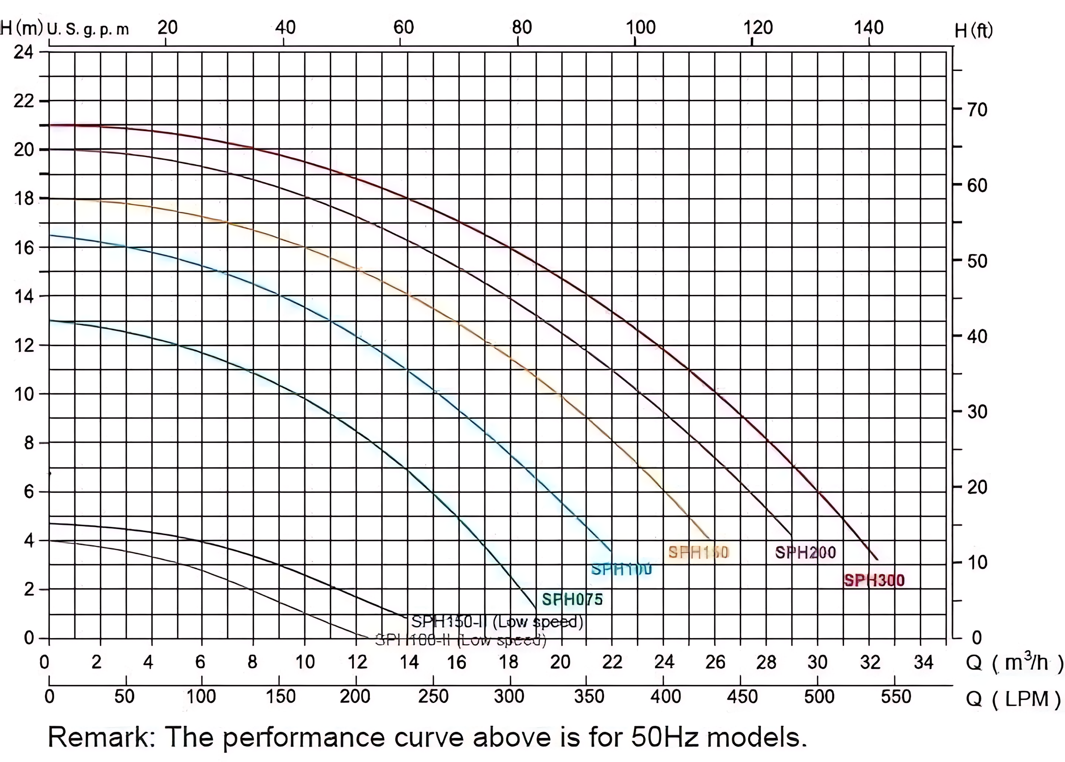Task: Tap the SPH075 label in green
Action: point(572,599)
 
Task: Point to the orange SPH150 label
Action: point(698,552)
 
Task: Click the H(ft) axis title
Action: point(973,31)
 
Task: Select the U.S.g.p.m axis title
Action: point(88,30)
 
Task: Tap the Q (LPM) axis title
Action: point(1013,699)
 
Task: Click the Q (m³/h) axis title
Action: point(1014,663)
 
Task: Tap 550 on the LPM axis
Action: point(896,697)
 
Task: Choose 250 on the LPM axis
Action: point(433,697)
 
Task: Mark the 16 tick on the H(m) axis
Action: point(24,248)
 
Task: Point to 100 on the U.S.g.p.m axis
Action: point(640,28)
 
